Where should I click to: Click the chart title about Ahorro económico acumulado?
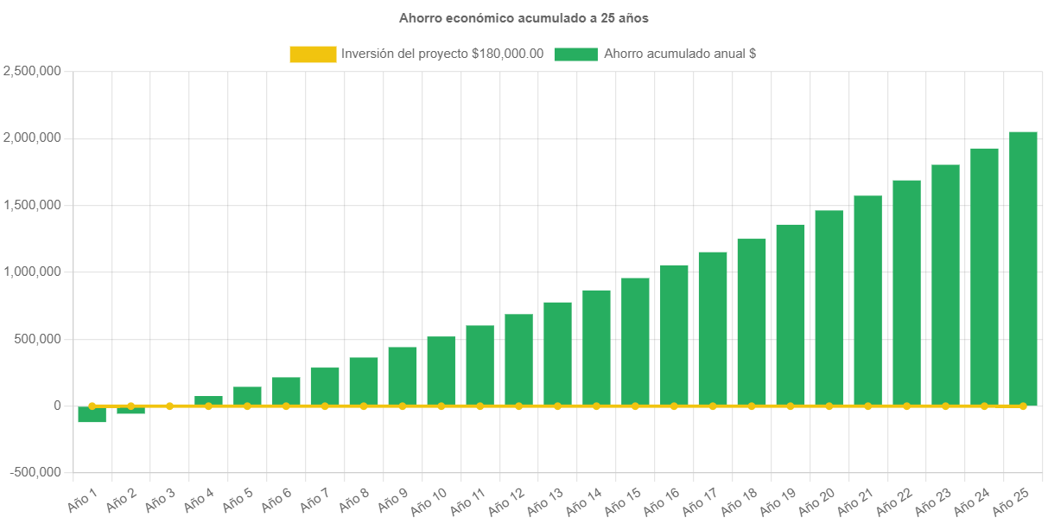[524, 17]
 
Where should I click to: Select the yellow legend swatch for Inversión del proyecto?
[313, 54]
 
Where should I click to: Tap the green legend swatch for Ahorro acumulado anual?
[575, 54]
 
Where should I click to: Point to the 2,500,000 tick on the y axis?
[32, 71]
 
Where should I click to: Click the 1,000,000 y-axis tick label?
[32, 272]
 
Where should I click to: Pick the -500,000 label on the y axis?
[35, 472]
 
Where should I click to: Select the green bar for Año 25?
[1023, 268]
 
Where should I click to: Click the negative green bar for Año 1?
[92, 414]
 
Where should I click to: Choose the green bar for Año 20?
[829, 308]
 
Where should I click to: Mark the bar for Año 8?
[363, 381]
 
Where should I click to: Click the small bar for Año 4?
[208, 400]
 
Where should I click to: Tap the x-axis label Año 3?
[160, 500]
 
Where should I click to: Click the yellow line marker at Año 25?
[1023, 406]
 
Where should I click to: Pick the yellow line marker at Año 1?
[92, 406]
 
